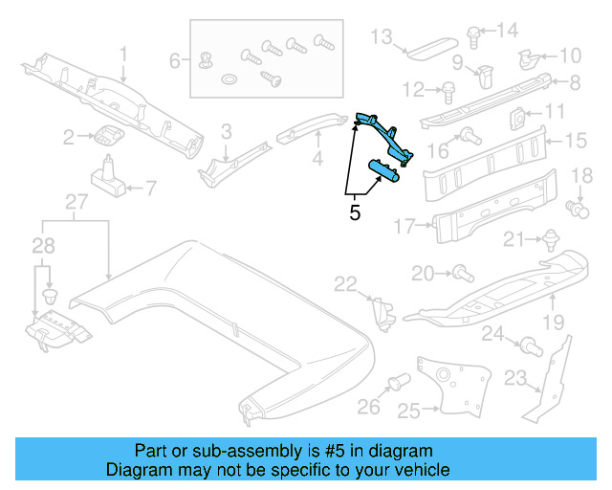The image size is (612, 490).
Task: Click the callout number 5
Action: point(355,212)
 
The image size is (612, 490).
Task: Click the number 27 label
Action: point(76,201)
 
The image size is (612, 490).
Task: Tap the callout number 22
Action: point(344,282)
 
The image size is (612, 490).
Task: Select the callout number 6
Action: point(174,60)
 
